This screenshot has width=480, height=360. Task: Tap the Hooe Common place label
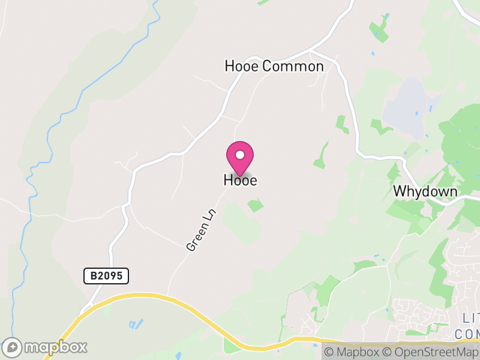274,66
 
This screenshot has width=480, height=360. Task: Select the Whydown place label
425,191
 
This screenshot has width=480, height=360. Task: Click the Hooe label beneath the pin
240,180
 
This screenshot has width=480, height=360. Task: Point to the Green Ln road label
200,230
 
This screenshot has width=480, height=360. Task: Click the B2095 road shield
106,276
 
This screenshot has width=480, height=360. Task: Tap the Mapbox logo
45,347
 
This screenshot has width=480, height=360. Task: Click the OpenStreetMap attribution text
430,352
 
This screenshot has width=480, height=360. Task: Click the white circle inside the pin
240,154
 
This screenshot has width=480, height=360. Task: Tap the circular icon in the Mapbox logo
13,347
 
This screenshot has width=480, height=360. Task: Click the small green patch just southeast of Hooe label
256,205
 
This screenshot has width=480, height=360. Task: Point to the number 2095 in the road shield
110,276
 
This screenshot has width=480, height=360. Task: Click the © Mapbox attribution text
353,352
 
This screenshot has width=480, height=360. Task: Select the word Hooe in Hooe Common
242,66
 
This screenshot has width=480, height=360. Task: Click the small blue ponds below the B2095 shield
136,324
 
